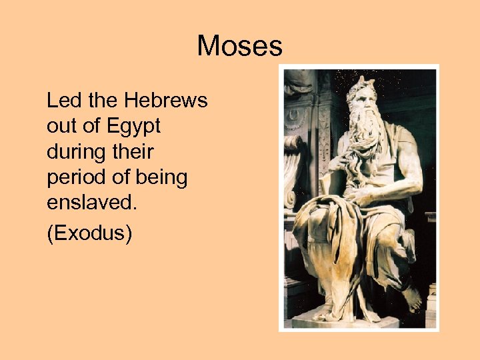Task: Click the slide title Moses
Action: pos(239,47)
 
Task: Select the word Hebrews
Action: pos(166,101)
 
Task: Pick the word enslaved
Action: pos(91,203)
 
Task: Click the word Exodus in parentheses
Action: pos(89,234)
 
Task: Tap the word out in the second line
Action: pos(61,127)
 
